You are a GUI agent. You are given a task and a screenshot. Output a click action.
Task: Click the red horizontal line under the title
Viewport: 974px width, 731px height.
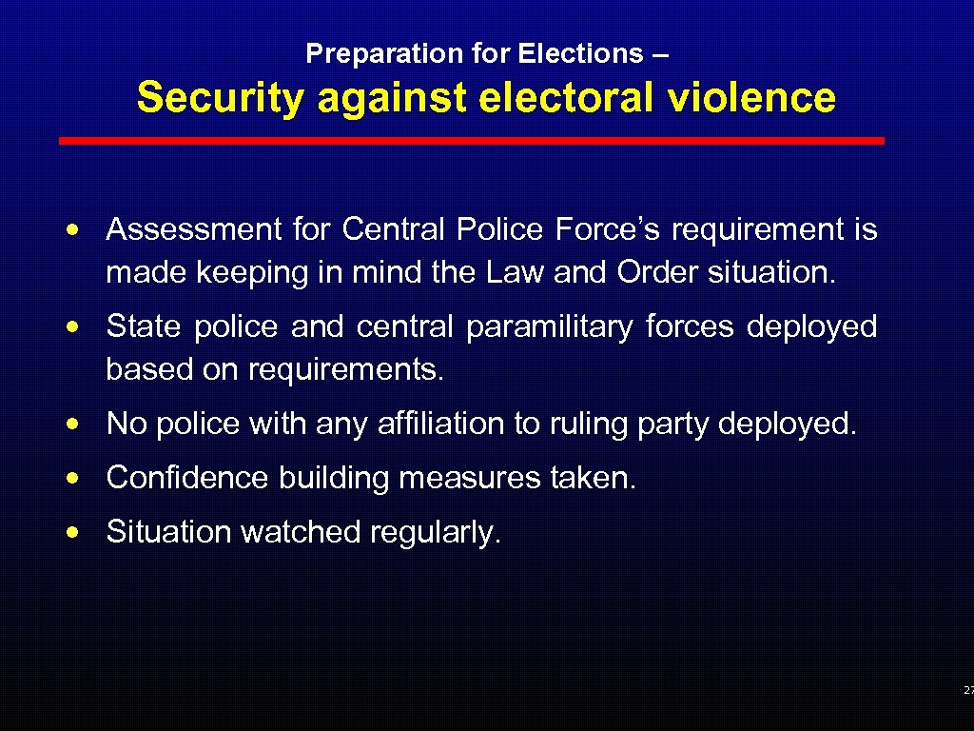(472, 141)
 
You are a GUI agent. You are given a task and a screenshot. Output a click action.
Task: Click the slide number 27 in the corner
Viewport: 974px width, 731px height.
(967, 690)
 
